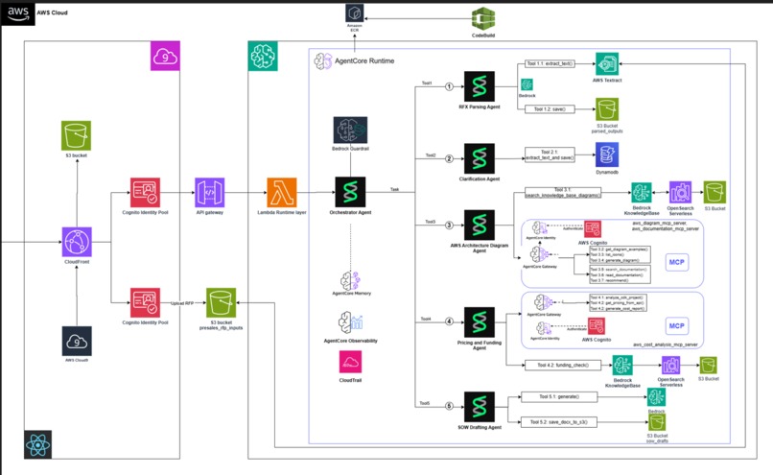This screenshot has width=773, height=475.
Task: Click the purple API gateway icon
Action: tap(209, 191)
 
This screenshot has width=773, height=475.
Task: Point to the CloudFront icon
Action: tap(78, 241)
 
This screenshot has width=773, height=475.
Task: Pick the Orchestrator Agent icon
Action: tap(350, 191)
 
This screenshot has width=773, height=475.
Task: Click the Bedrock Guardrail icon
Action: tap(350, 131)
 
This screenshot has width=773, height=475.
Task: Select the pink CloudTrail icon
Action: tap(350, 361)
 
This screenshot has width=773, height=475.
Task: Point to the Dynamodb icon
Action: tap(607, 154)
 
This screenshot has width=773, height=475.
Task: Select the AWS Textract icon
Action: tap(607, 64)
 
